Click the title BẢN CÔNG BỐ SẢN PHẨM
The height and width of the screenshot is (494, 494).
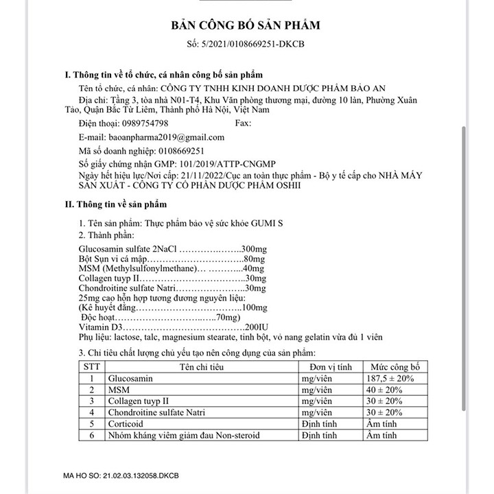click(x=245, y=25)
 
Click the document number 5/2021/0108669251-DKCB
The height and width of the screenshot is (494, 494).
click(x=254, y=43)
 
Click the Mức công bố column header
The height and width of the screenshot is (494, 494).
click(x=395, y=367)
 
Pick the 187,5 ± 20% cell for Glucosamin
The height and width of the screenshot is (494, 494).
click(x=395, y=379)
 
